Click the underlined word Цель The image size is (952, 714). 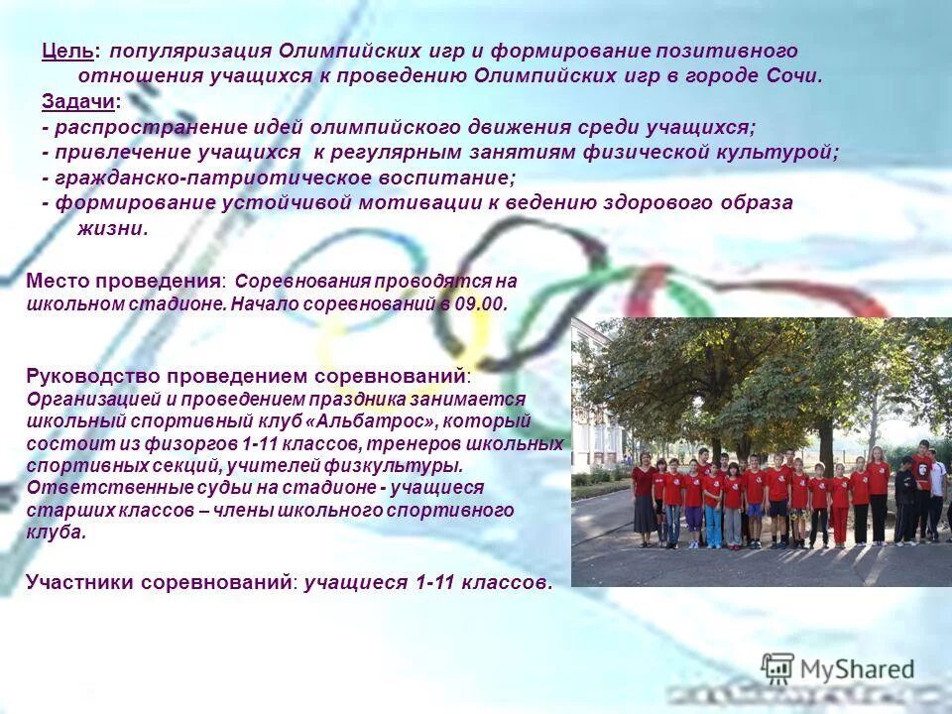68,51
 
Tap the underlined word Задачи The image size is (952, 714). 77,102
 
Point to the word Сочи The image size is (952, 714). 794,76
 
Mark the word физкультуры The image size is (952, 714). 401,465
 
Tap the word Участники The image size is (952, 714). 89,582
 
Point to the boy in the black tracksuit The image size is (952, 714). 904,501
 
